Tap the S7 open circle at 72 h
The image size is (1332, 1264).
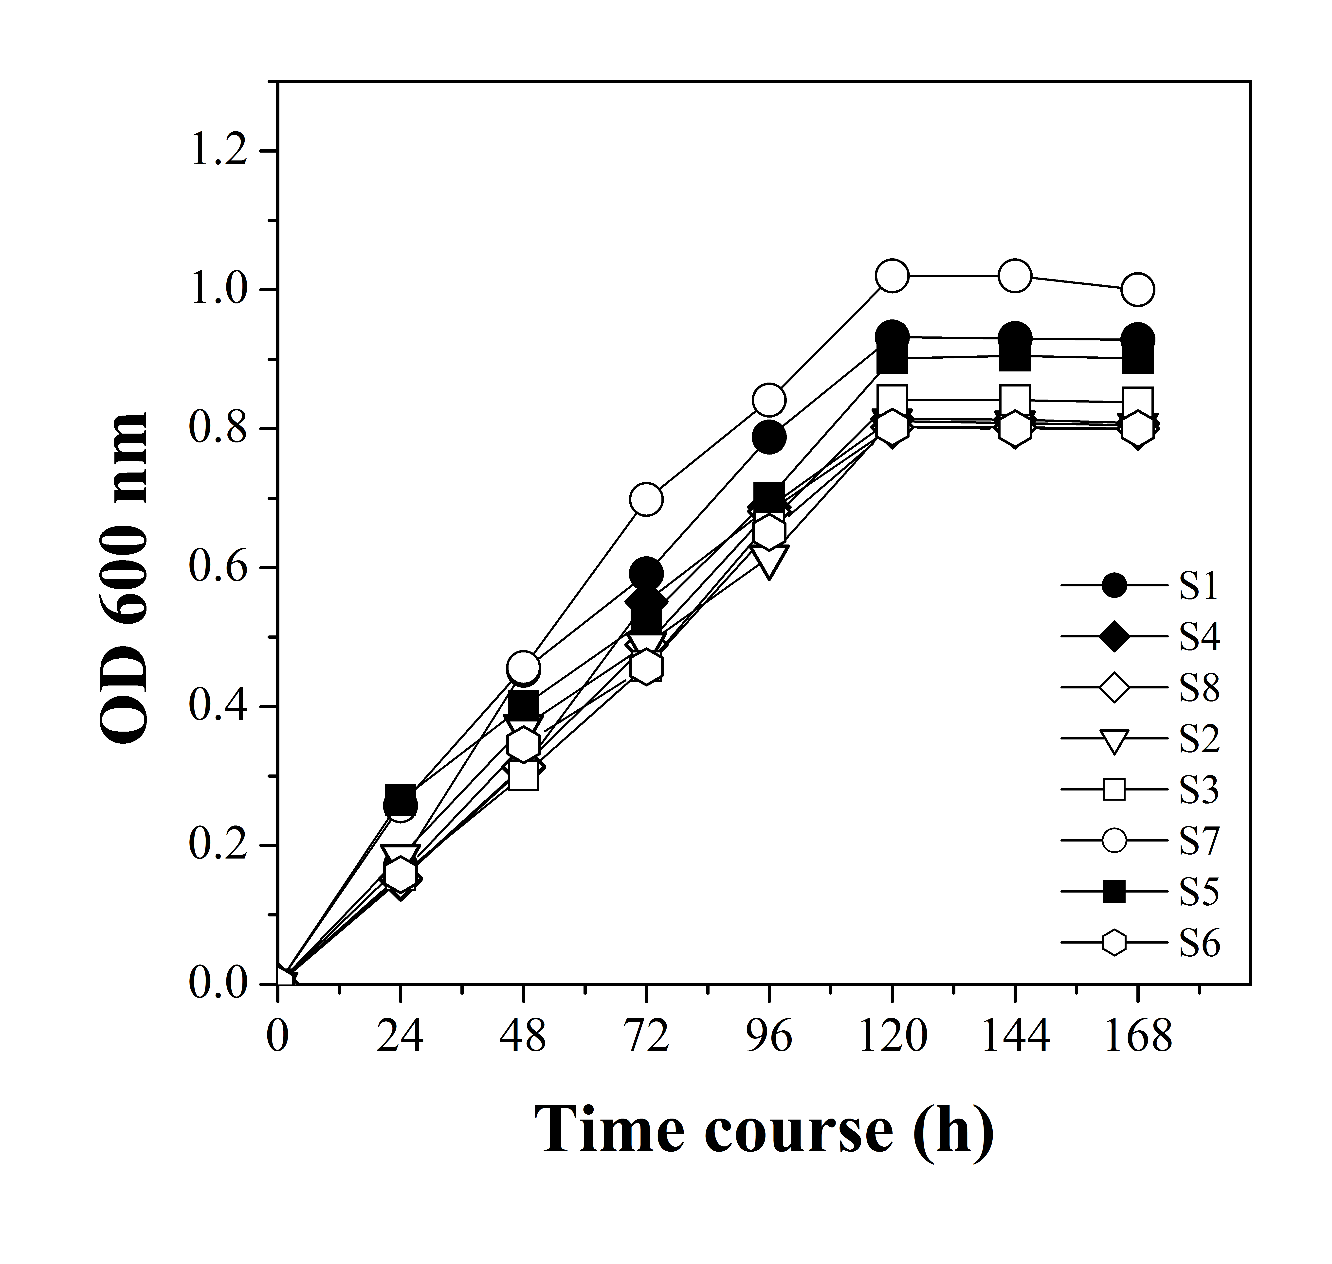(x=646, y=499)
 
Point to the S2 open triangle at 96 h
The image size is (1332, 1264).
(x=769, y=559)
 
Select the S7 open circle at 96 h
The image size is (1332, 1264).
(x=769, y=400)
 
